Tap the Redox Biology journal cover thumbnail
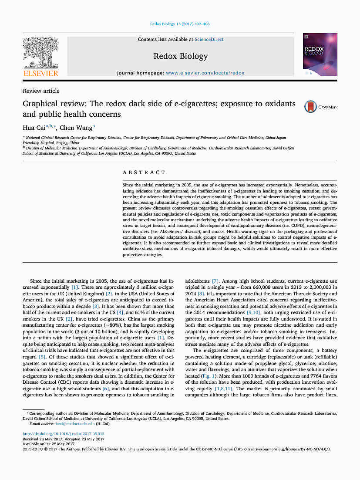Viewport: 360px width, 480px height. point(320,54)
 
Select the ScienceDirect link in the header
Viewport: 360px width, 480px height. point(209,39)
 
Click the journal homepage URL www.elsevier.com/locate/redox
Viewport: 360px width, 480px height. point(205,73)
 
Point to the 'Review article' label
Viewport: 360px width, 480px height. point(41,91)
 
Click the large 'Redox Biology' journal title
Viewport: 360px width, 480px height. point(181,56)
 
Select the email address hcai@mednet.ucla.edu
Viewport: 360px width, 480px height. point(75,423)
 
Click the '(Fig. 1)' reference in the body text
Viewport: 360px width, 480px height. point(207,375)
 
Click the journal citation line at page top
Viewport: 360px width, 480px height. point(180,24)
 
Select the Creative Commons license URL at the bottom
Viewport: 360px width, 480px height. point(282,449)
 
